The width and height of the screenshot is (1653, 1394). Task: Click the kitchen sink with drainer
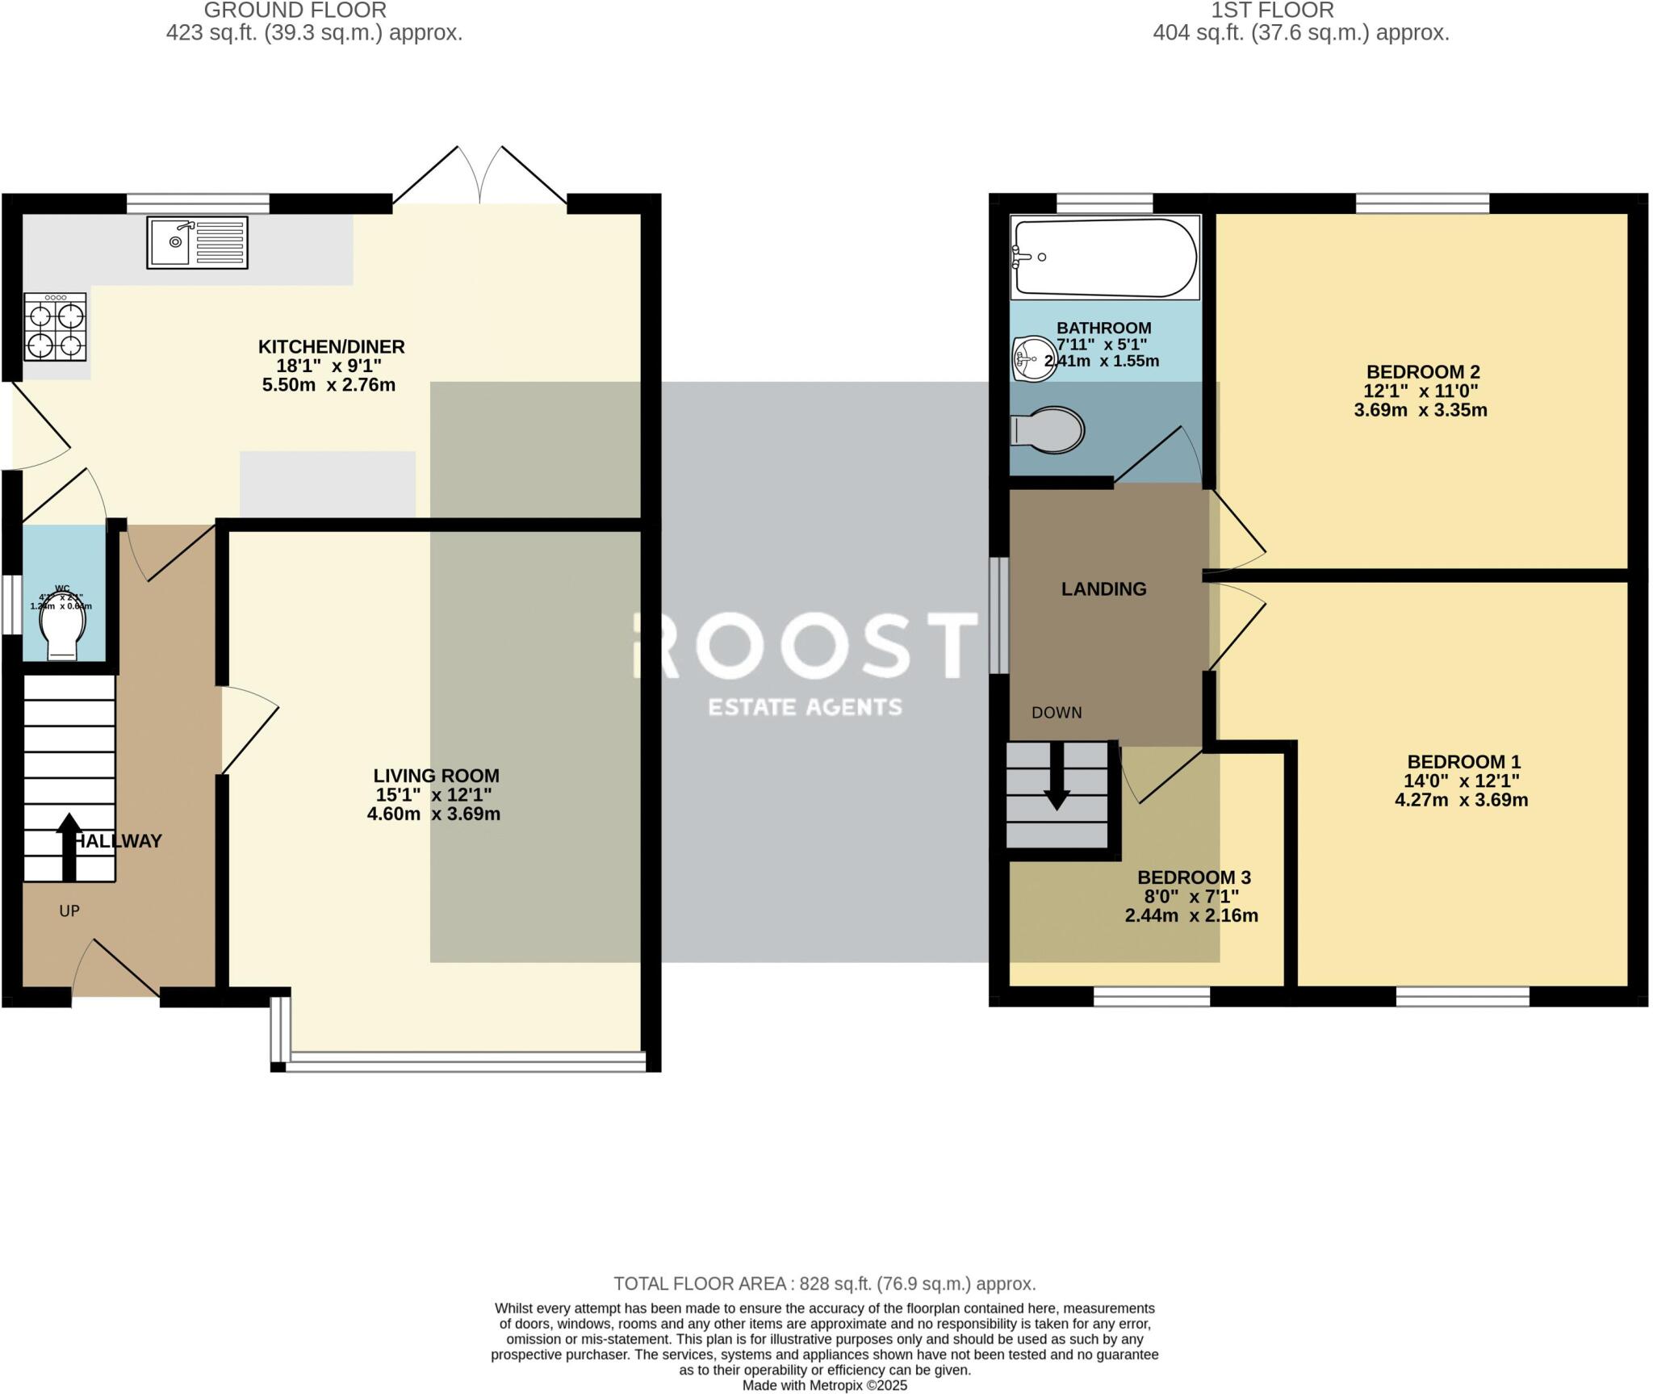pos(197,242)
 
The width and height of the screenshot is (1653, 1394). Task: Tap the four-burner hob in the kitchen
pos(55,327)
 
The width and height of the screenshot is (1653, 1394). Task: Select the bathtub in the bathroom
pos(1104,257)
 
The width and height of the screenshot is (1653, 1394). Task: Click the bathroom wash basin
pos(1030,358)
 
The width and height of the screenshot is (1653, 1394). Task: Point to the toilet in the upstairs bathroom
pos(1049,429)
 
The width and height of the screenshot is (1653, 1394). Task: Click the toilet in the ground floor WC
pos(65,630)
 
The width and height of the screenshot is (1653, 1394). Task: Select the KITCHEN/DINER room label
pos(331,347)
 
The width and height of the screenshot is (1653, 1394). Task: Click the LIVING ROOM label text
pos(436,776)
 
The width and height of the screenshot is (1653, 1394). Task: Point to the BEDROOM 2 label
pos(1422,372)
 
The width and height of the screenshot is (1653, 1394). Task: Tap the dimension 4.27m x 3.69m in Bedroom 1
pos(1461,800)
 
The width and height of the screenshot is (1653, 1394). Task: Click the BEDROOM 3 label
pos(1193,877)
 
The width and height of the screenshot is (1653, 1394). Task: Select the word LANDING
pos(1103,589)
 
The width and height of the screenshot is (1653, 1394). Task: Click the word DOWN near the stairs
pos(1057,713)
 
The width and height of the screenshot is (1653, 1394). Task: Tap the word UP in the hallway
pos(69,911)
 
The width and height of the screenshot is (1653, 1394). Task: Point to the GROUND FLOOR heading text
pos(295,10)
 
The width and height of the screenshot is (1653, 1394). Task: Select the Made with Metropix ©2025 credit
pos(824,1385)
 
